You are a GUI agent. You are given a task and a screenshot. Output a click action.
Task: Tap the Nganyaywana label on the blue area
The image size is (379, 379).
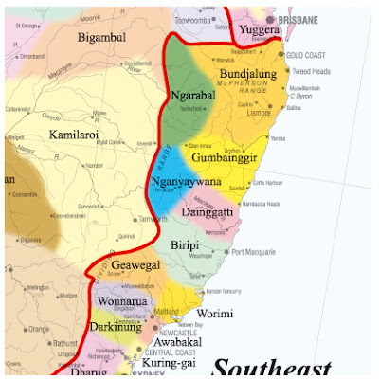[186, 183]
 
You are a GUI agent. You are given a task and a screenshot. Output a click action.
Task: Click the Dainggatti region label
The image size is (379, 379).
[210, 211]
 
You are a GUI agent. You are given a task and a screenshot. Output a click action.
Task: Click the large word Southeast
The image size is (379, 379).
[272, 367]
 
